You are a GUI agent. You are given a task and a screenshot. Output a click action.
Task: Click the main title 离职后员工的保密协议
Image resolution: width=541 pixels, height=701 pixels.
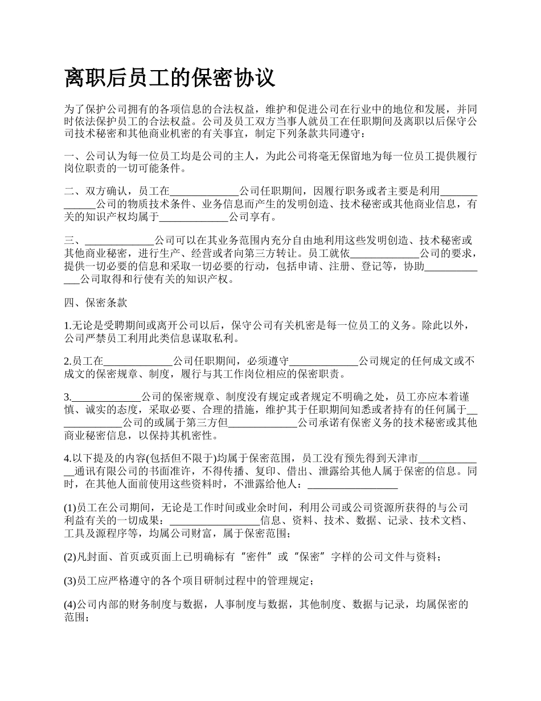pos(170,78)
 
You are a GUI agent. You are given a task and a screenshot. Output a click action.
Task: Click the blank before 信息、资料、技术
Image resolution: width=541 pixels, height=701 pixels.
pos(215,520)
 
